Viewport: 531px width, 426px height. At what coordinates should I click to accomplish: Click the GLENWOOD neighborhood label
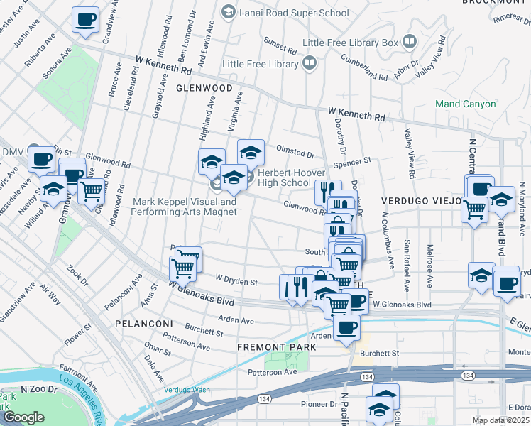coord(205,88)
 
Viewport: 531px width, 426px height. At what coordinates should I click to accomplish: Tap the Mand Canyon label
coord(466,104)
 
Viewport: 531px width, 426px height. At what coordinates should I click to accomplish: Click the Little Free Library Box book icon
coord(410,43)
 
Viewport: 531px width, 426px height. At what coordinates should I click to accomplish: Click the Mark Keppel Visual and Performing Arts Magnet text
coord(185,207)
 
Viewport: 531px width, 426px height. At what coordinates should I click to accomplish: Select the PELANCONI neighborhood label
coord(139,323)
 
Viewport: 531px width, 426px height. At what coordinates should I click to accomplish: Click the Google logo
coord(23,417)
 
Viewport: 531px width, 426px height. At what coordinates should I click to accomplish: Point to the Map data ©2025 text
coord(500,420)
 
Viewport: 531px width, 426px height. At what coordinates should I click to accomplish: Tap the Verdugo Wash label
coord(187,390)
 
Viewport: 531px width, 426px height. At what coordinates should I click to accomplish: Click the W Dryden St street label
coord(236,282)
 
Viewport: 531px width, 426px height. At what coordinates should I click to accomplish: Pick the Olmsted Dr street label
coord(295,153)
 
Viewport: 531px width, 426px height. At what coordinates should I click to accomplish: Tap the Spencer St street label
coord(357,163)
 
